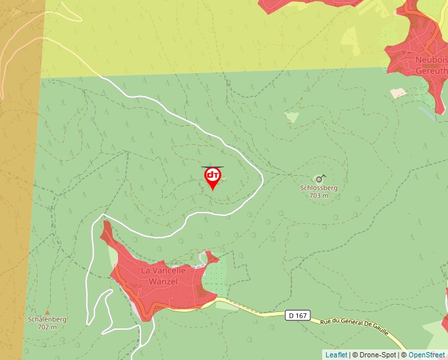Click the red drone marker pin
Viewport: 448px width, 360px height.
(212, 177)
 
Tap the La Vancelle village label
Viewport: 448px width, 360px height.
(163, 270)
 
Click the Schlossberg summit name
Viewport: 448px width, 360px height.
(319, 188)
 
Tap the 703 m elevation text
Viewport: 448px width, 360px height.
(319, 195)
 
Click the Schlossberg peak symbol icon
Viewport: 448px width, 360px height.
(320, 178)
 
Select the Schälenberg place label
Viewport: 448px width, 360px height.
(47, 319)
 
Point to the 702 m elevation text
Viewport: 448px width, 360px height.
(47, 327)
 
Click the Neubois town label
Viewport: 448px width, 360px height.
(432, 59)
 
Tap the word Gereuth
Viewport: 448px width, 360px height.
(432, 69)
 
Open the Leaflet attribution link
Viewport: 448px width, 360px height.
(336, 355)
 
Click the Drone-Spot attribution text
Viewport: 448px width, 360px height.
(374, 355)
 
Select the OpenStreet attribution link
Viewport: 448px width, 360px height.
(426, 355)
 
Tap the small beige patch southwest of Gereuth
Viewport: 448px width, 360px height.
(397, 94)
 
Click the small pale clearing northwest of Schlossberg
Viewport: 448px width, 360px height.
(291, 117)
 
